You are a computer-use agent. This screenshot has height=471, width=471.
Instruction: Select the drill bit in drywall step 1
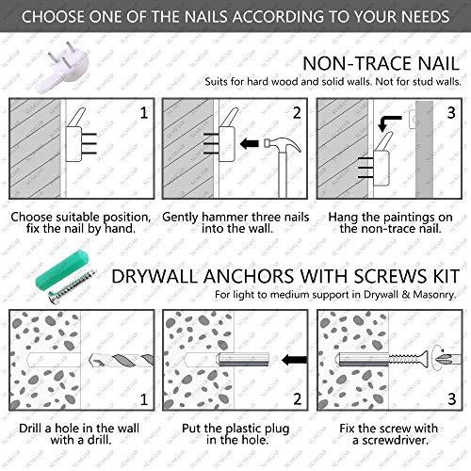pos(122,361)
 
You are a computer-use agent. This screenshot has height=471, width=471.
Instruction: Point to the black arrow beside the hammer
pos(250,144)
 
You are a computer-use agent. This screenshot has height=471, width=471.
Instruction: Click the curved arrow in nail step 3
pos(389,123)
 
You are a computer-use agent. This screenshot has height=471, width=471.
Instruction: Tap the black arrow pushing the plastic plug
pos(294,360)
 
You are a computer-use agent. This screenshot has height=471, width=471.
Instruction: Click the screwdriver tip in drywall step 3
pos(448,359)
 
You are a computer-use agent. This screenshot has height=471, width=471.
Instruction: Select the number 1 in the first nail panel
pos(144,113)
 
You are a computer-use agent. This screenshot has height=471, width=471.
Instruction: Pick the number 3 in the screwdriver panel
pos(451,399)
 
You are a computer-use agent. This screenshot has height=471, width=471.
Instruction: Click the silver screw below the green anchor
pos(72,287)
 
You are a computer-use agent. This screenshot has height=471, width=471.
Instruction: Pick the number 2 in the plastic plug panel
pos(298,399)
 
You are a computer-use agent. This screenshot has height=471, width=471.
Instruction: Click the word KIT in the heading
pos(447,277)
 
